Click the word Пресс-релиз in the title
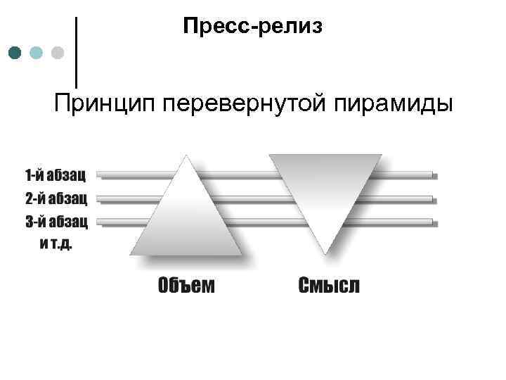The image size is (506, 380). tap(252, 27)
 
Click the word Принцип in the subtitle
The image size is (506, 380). tap(105, 104)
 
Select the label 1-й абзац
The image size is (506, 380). tap(56, 173)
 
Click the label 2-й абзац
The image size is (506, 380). tap(56, 198)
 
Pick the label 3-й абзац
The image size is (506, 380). tap(56, 222)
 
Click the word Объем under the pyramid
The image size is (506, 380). tap(186, 286)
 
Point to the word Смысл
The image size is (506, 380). tap(329, 286)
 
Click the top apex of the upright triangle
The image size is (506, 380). tap(186, 156)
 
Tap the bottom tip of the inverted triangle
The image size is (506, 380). tap(325, 251)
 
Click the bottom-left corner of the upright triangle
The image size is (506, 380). tap(131, 253)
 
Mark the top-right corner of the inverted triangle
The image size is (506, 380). tap(380, 155)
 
